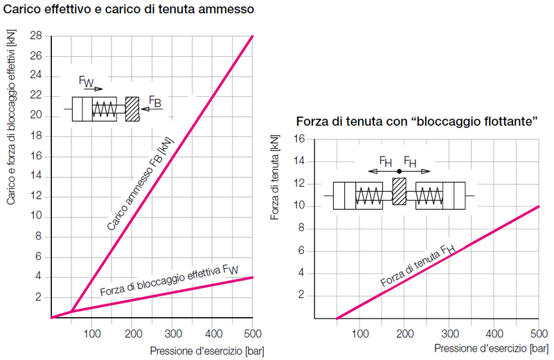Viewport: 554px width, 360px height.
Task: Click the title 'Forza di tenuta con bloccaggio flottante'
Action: point(418,121)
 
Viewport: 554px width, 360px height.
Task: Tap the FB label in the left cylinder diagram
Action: point(155,104)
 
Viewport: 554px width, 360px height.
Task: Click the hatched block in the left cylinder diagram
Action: point(132,109)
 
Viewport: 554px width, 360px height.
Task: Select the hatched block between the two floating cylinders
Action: point(399,191)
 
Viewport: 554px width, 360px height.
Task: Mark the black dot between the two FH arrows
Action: point(399,170)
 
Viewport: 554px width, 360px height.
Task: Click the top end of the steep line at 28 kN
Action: point(253,36)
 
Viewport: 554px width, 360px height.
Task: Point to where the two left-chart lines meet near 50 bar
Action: point(72,312)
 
